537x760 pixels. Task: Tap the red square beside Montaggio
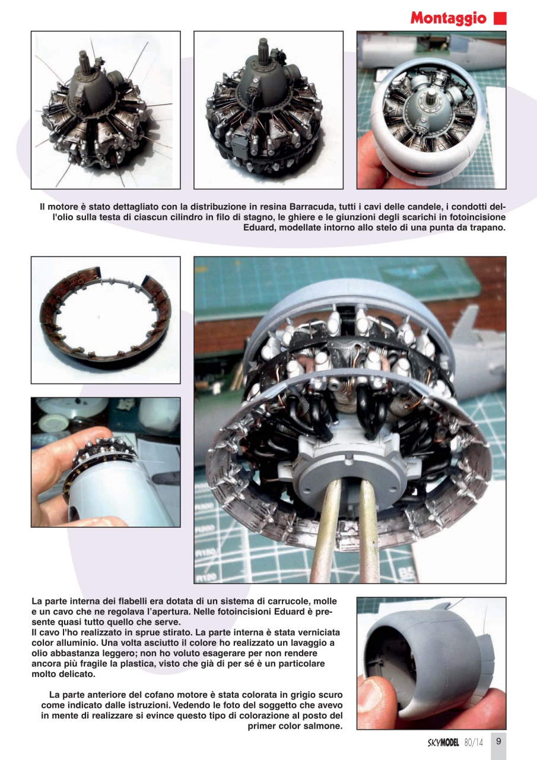click(x=500, y=18)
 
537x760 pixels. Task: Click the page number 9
click(x=498, y=741)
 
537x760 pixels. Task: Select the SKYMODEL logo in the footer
click(x=444, y=742)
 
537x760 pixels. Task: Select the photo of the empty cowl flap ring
click(x=106, y=319)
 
